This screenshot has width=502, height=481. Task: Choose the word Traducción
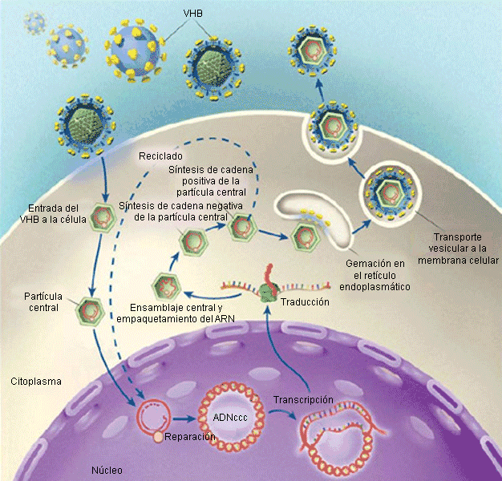coord(306,302)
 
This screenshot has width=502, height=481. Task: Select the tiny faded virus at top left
coord(34,24)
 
